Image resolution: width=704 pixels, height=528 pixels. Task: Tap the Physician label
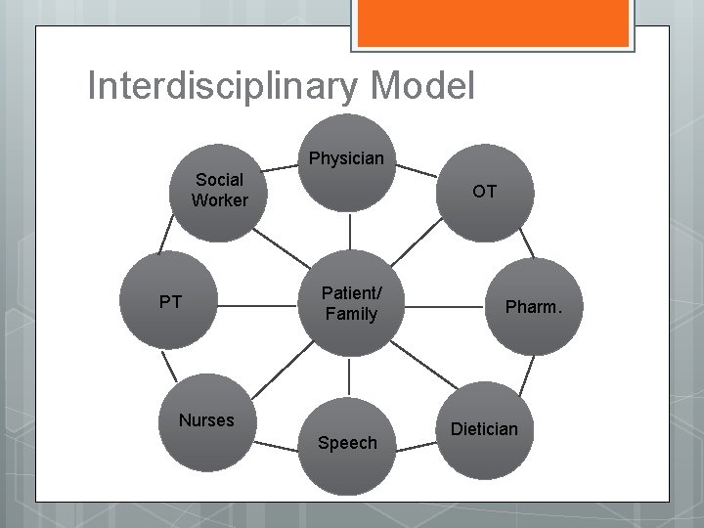click(x=346, y=158)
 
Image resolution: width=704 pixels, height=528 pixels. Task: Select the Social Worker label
click(x=220, y=191)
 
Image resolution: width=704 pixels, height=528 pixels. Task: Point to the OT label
click(x=484, y=192)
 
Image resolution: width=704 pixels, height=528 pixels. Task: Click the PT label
click(x=170, y=302)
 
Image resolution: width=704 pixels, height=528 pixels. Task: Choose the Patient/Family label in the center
click(x=349, y=302)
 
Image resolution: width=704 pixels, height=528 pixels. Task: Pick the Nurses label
click(x=206, y=420)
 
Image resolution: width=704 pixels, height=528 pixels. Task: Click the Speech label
click(x=347, y=443)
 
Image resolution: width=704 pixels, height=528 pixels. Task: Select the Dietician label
click(x=484, y=428)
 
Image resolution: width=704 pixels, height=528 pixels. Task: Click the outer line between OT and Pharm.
click(x=525, y=240)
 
